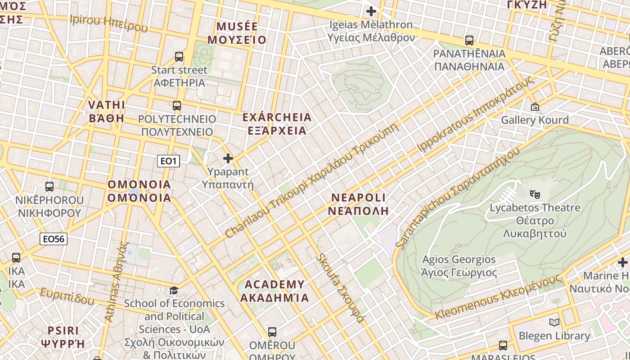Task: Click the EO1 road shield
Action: click(168, 161)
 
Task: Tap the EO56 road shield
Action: click(54, 239)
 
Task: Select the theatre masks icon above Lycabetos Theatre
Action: click(535, 194)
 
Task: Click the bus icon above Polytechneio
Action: click(177, 106)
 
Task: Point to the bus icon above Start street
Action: click(179, 57)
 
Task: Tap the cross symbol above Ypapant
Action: click(228, 158)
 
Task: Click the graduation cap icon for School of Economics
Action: click(174, 290)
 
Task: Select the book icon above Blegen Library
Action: click(554, 322)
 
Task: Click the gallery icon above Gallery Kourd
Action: click(535, 107)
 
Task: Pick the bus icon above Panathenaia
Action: click(469, 40)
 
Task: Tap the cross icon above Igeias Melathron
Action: click(371, 11)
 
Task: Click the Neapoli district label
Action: click(358, 204)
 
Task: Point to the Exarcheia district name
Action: click(277, 124)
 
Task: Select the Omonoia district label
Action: click(139, 191)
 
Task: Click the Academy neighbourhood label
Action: click(274, 291)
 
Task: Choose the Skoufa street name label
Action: click(340, 288)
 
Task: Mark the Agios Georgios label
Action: click(459, 266)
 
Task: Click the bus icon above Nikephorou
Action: click(49, 186)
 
